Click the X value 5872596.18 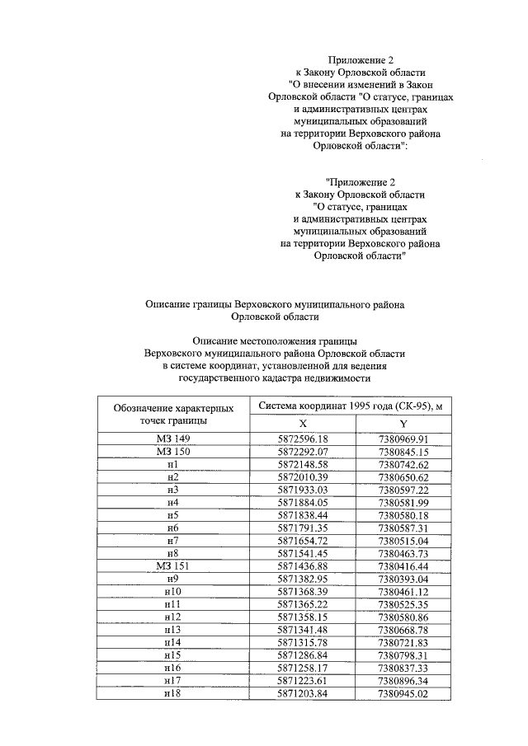pos(303,439)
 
